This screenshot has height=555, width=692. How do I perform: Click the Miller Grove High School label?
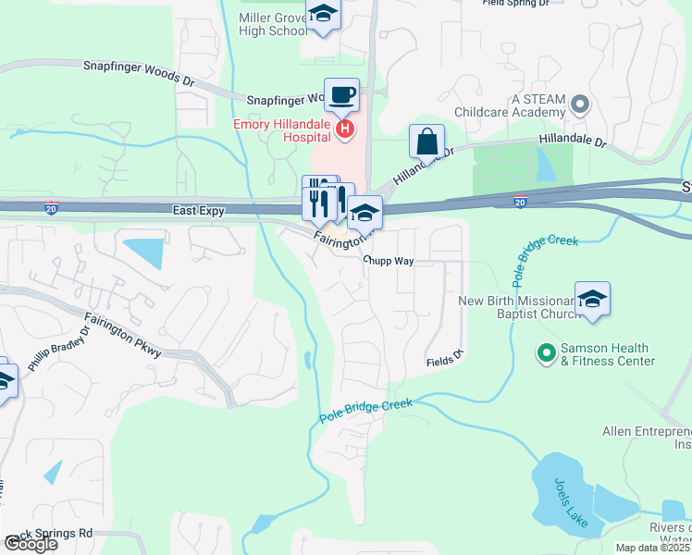[x=273, y=24]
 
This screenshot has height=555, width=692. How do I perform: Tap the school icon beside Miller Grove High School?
[x=323, y=16]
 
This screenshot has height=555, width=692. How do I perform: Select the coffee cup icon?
[x=341, y=94]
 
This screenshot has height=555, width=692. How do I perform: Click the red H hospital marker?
[x=344, y=129]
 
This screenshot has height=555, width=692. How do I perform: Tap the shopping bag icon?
[x=426, y=142]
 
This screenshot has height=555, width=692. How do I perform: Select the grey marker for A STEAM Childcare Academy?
[x=580, y=103]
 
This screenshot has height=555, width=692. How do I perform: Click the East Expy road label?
[x=199, y=211]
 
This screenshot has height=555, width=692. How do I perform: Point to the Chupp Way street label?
[x=388, y=261]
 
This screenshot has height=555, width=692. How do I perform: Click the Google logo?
[x=30, y=544]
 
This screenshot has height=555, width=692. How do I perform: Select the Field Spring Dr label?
[x=516, y=4]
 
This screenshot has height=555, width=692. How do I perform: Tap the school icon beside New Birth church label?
[x=592, y=300]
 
